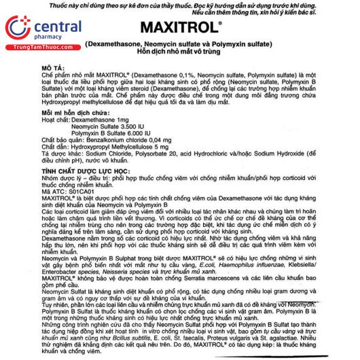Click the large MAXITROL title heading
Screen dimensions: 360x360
[x=181, y=30]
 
